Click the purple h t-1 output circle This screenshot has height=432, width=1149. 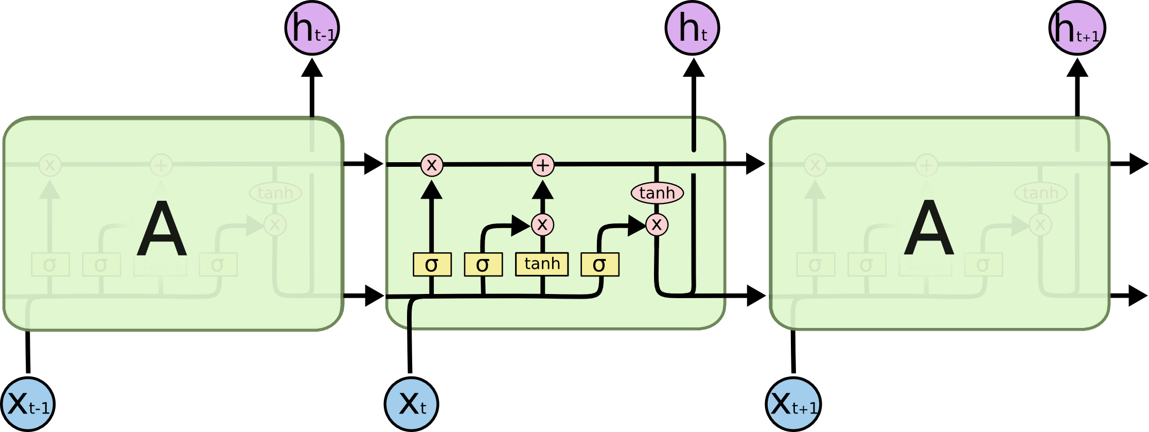click(312, 28)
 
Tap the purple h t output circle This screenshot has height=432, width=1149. click(692, 28)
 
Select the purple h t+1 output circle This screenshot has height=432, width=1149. click(1076, 28)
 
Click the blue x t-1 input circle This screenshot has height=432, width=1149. click(28, 404)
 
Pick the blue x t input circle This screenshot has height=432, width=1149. click(411, 404)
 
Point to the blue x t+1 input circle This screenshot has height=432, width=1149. click(793, 404)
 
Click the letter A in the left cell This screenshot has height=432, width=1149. click(162, 229)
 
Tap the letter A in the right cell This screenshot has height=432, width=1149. click(929, 229)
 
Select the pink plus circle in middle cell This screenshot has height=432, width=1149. click(543, 165)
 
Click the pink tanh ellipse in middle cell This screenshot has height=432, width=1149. click(657, 193)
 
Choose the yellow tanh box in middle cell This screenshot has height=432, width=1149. click(542, 264)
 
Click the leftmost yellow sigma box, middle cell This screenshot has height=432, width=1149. click(432, 265)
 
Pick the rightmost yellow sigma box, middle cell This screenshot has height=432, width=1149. click(600, 265)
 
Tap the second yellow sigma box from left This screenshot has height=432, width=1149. click(483, 265)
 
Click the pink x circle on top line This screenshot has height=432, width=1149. click(432, 165)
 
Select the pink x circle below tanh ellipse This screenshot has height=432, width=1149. click(657, 224)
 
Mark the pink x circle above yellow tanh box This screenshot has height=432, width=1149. click(542, 224)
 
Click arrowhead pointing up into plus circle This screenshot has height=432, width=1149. click(543, 190)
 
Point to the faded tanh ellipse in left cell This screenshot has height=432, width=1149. click(275, 193)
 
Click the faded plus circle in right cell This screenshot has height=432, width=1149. click(926, 165)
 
